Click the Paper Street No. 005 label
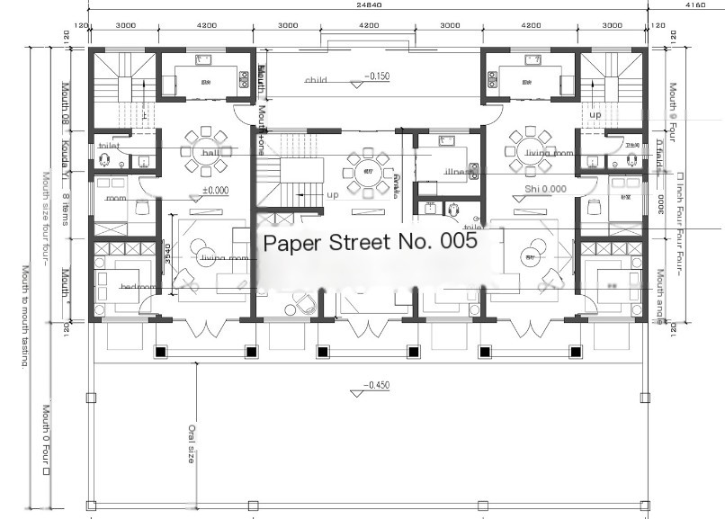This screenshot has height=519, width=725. tap(368, 242)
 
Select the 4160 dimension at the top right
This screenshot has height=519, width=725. tap(694, 5)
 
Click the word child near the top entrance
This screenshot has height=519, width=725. tap(316, 80)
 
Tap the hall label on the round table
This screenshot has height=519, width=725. tap(211, 153)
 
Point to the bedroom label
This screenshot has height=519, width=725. tap(138, 287)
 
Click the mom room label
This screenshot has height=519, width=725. tap(116, 198)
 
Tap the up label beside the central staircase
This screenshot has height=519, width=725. tap(333, 194)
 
